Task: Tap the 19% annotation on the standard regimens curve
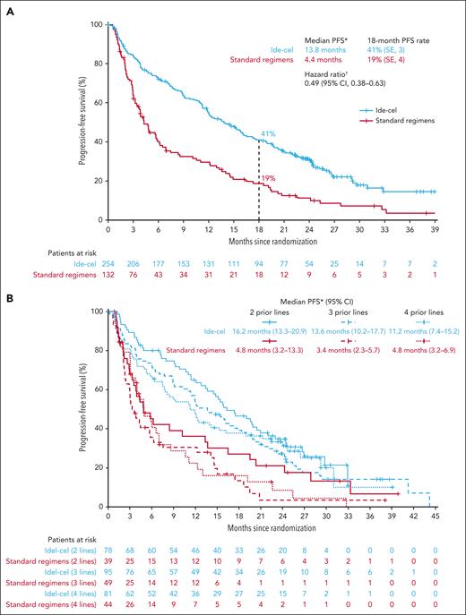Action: (267, 179)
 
